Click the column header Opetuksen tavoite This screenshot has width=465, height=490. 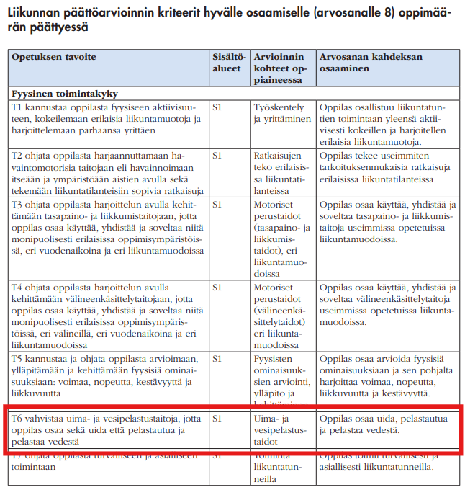[x=53, y=57]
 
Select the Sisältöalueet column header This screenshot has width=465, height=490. [x=230, y=62]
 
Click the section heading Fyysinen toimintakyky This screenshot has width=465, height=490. [x=66, y=94]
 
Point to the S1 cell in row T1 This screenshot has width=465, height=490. [x=217, y=107]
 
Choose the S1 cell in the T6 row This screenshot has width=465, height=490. [x=217, y=417]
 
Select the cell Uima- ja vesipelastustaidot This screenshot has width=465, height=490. [x=279, y=429]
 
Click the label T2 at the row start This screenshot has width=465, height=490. [x=18, y=155]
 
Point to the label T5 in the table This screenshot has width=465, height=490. [x=18, y=357]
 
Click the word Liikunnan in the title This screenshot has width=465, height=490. [x=36, y=12]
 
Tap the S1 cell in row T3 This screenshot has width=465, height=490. [x=217, y=204]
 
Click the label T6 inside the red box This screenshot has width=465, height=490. [x=18, y=417]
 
